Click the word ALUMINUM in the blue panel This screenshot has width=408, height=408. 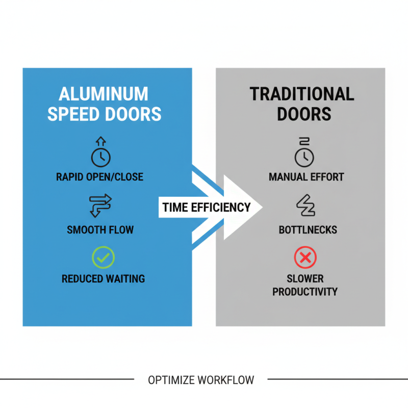point(104,95)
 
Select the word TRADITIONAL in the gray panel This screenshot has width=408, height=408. point(302,95)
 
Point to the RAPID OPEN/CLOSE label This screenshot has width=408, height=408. point(100,177)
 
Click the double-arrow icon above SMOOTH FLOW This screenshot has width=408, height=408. point(100,205)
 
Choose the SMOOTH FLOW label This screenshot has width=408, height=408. point(100,230)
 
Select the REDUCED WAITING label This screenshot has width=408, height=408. point(103,279)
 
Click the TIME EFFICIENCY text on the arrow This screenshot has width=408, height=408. point(207,207)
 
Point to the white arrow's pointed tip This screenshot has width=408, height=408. point(261,207)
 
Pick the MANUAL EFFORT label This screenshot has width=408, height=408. point(306,177)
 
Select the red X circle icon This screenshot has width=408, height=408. point(305,258)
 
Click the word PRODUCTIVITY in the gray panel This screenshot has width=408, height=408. point(305,292)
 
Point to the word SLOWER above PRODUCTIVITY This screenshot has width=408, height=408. point(305,279)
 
